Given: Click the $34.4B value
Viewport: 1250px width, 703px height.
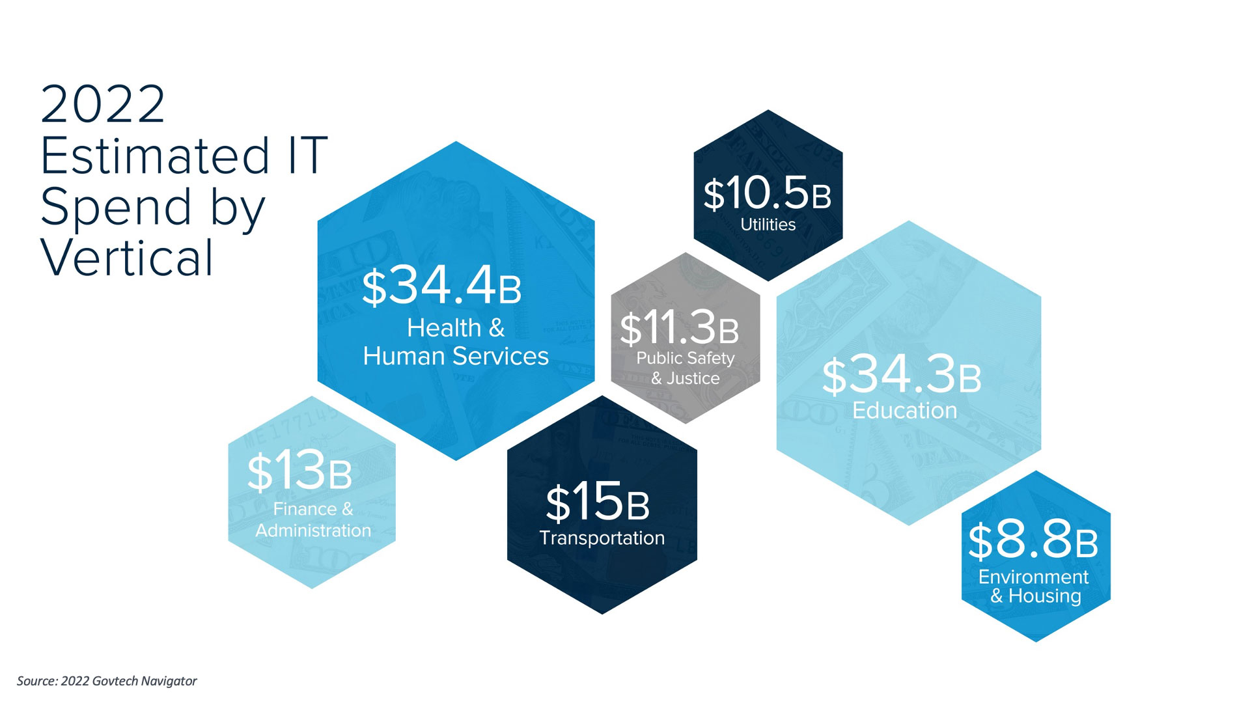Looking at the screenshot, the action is (x=442, y=287).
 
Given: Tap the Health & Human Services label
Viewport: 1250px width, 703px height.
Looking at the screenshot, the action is (x=456, y=342).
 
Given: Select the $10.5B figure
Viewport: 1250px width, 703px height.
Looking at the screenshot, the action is (x=768, y=193).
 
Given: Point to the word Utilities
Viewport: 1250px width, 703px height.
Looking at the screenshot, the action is (x=768, y=225).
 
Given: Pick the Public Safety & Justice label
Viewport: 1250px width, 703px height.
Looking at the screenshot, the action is (x=686, y=368).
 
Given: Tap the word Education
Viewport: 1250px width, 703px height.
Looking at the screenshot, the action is (x=905, y=411).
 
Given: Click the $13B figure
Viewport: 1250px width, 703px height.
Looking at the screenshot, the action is (x=300, y=471).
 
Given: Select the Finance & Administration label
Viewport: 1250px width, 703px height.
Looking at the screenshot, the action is (x=313, y=519).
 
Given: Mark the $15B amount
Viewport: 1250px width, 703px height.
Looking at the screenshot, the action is (x=598, y=503).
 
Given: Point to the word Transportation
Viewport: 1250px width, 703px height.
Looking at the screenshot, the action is (x=602, y=538).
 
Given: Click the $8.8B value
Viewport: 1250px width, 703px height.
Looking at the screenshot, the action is (x=1033, y=541).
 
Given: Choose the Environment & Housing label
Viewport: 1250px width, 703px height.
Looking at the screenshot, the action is (x=1034, y=586).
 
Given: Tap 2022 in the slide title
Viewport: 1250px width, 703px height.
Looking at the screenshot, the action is (x=103, y=105).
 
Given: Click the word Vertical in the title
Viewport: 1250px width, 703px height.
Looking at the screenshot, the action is (x=127, y=258).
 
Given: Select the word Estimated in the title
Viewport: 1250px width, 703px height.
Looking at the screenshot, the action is (x=155, y=156).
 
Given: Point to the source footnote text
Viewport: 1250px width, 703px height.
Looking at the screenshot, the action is (x=107, y=681).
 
